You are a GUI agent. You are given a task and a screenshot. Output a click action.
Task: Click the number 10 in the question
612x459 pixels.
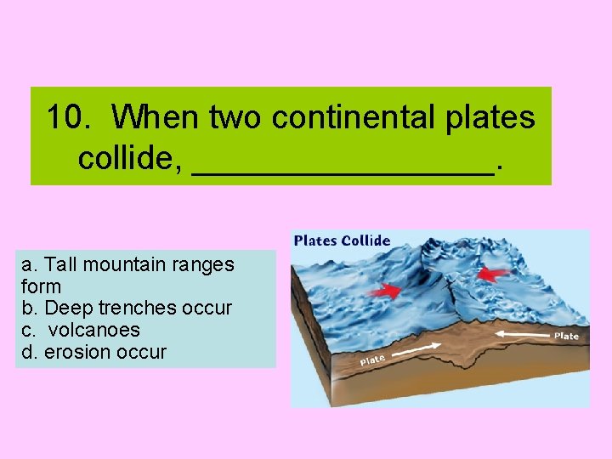pos(65,116)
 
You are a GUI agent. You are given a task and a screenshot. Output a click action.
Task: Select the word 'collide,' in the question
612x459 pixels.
pos(130,156)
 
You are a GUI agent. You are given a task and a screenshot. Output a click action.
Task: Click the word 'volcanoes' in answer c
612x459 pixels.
pos(94,330)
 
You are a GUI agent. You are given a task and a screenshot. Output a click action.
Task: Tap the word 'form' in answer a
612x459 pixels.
pos(41,286)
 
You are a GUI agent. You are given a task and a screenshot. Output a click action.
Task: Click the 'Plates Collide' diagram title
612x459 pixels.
pos(342,240)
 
